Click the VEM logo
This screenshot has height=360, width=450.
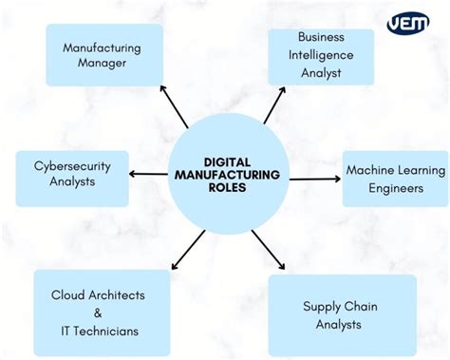click(x=407, y=23)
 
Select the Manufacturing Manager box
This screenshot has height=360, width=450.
click(x=103, y=55)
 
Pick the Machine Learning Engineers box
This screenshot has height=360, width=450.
click(x=395, y=179)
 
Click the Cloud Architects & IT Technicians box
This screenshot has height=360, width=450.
click(x=102, y=313)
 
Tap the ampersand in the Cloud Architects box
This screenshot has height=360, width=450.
click(x=99, y=313)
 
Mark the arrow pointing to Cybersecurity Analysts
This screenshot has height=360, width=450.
click(x=148, y=174)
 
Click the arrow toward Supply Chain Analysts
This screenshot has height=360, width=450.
click(x=270, y=252)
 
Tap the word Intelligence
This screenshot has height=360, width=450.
click(x=320, y=55)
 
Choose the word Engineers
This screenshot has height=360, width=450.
click(x=395, y=188)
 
